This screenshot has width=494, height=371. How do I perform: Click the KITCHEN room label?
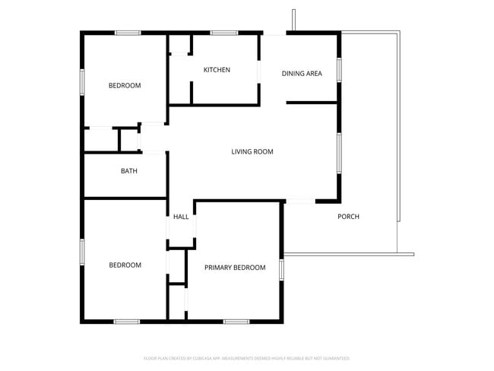[x=217, y=71]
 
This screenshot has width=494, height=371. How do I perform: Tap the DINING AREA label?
[x=302, y=74]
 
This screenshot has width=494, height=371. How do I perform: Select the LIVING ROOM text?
[x=252, y=152]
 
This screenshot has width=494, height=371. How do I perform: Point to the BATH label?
[x=129, y=171]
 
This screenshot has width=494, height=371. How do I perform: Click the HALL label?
[x=181, y=217]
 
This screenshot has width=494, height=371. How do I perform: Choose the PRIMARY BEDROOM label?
[x=235, y=268]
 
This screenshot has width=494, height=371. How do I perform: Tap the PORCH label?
[x=348, y=217]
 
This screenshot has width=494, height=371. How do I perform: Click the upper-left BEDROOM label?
[x=125, y=86]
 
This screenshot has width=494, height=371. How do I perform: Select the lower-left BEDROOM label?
[x=125, y=265]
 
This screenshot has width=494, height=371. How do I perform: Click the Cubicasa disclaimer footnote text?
[x=247, y=357]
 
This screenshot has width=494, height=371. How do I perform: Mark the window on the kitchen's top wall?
[x=223, y=33]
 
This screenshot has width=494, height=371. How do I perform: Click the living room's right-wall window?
[x=339, y=150]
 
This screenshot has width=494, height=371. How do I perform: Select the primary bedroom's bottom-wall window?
[x=236, y=322]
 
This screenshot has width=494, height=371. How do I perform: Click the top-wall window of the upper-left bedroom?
[x=128, y=33]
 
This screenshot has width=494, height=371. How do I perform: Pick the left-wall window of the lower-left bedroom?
[x=82, y=251]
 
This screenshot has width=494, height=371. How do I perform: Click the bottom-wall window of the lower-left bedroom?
[x=126, y=322]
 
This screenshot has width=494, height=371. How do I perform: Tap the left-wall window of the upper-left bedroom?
[x=82, y=81]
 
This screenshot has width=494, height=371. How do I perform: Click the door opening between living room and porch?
[x=300, y=201]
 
